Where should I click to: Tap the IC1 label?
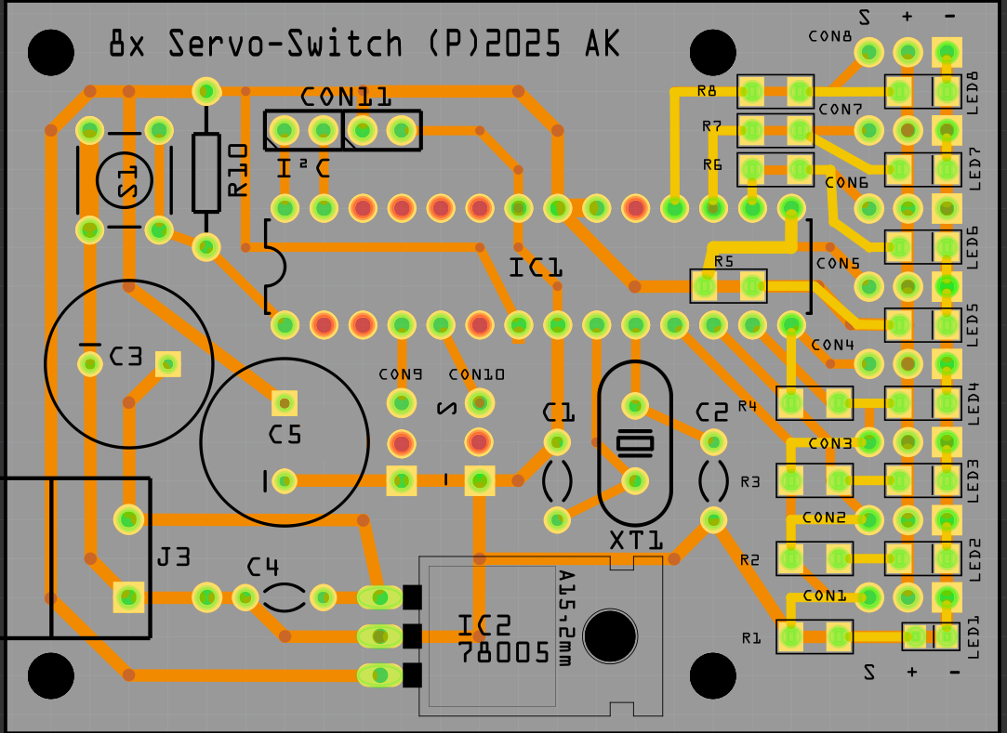[x=536, y=268]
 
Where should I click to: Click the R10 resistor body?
[x=206, y=172]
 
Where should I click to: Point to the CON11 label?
[x=346, y=97]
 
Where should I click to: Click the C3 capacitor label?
[x=126, y=356]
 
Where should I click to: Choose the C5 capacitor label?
[x=285, y=434]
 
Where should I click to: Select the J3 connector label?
[x=174, y=557]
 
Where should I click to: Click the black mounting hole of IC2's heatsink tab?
[x=611, y=635]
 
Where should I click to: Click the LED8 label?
[x=974, y=93]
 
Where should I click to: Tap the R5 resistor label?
[x=723, y=262]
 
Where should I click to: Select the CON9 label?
[x=401, y=374]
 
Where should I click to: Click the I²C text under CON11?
[x=304, y=168]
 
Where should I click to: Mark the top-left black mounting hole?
[x=51, y=52]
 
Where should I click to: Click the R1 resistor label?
[x=750, y=638]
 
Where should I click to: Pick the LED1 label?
[x=974, y=637]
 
